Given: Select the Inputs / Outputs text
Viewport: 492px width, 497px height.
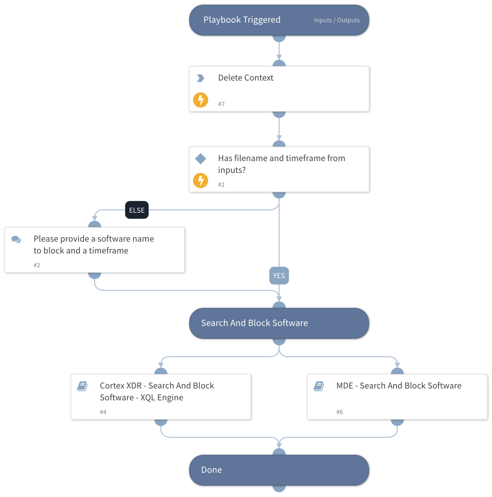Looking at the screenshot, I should pyautogui.click(x=337, y=20).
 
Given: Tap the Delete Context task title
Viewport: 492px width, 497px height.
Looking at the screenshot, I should pyautogui.click(x=246, y=78).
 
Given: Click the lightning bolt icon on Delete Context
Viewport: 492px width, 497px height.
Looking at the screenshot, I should pyautogui.click(x=201, y=100).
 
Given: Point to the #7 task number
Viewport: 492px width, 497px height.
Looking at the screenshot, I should pyautogui.click(x=221, y=104).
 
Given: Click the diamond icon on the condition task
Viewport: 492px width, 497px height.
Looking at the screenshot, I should pyautogui.click(x=201, y=159).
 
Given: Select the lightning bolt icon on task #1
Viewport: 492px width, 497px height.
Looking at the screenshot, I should pyautogui.click(x=201, y=181).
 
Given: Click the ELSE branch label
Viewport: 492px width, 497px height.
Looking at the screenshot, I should pyautogui.click(x=137, y=210).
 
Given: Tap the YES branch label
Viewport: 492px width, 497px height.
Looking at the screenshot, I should pyautogui.click(x=279, y=276).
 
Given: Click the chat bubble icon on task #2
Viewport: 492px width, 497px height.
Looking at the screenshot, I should pyautogui.click(x=16, y=240).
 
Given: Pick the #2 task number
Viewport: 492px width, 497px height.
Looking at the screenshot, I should pyautogui.click(x=37, y=265).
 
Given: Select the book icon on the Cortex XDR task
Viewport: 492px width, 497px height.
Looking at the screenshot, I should pyautogui.click(x=82, y=387).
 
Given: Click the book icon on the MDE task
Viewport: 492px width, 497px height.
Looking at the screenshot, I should pyautogui.click(x=319, y=387).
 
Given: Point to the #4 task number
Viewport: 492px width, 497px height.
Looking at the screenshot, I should pyautogui.click(x=103, y=412).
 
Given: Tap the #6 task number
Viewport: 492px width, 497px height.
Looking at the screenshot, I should pyautogui.click(x=340, y=412).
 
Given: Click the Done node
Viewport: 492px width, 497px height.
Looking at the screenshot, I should pyautogui.click(x=279, y=470).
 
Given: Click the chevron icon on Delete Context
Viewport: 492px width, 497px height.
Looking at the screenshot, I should pyautogui.click(x=201, y=78).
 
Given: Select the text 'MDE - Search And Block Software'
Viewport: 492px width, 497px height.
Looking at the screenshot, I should pyautogui.click(x=399, y=386).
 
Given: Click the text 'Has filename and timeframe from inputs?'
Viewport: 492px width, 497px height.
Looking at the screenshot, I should pyautogui.click(x=281, y=164).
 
